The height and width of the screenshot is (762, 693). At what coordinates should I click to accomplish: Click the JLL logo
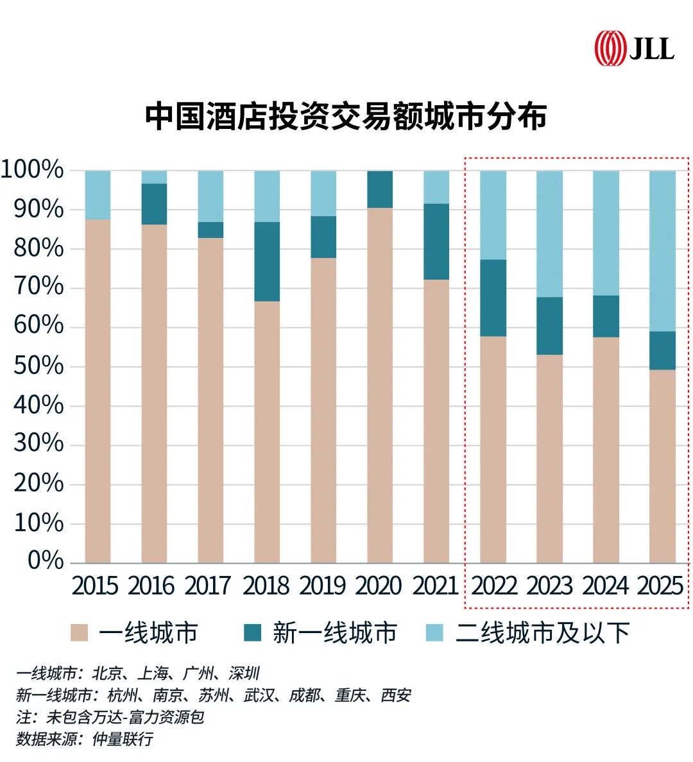point(634,49)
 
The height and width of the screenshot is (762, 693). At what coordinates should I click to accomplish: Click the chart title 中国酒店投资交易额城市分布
point(346,117)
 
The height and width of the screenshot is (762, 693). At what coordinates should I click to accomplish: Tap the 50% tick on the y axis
point(38,366)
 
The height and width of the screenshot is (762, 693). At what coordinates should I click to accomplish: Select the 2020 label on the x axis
point(379,586)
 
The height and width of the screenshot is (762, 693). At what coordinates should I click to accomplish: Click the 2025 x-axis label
point(660,586)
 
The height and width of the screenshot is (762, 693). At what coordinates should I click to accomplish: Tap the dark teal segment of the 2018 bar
point(267,262)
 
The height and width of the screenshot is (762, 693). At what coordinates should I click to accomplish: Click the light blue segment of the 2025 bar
point(662,250)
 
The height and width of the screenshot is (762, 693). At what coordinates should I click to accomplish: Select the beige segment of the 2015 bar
point(98,391)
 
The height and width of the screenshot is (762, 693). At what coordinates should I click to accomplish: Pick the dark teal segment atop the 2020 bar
point(380,189)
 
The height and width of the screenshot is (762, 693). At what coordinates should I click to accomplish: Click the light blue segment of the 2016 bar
point(154,177)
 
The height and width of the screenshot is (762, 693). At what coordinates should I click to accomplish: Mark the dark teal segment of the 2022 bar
point(493,298)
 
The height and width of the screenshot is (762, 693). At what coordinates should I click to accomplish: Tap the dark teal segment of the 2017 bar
point(210,230)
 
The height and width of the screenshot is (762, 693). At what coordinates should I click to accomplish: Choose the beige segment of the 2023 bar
point(549,459)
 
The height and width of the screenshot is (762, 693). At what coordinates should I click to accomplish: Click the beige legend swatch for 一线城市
point(79,633)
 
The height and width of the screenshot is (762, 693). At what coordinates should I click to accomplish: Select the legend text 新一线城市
point(334,633)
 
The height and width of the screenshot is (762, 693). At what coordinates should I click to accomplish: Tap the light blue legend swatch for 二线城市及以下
point(434,633)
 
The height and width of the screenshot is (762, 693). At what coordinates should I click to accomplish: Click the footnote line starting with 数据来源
point(85,739)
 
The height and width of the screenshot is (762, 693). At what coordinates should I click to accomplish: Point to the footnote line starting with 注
point(110,716)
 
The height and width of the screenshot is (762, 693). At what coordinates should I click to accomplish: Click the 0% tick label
point(46,561)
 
